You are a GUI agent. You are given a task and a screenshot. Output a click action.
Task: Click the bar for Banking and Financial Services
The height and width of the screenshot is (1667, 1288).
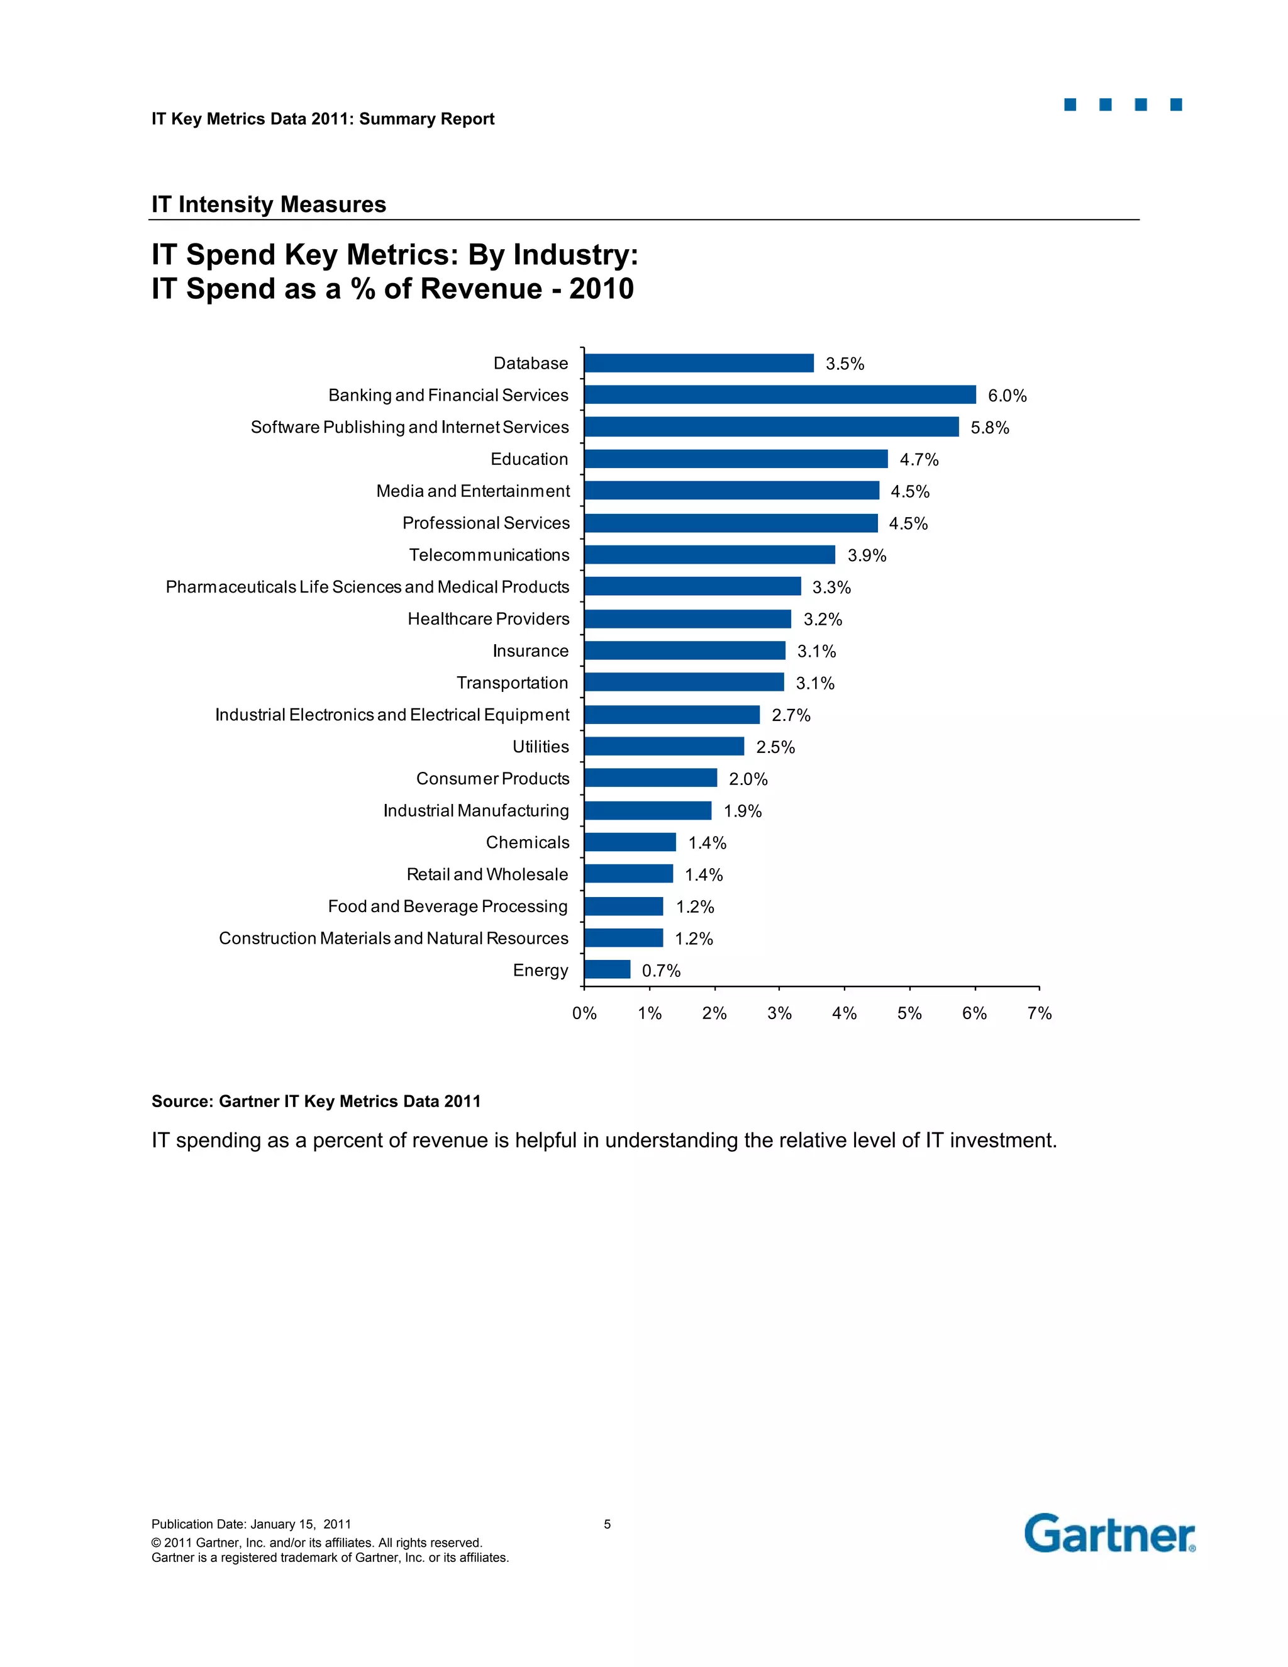pyautogui.click(x=780, y=394)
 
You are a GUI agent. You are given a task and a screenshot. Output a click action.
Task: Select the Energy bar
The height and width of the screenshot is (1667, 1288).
pyautogui.click(x=608, y=969)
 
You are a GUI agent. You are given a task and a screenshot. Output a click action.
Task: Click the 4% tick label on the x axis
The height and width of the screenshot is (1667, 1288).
pyautogui.click(x=844, y=1013)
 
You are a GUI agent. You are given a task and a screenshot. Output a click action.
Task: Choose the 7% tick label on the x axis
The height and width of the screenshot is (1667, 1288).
pyautogui.click(x=1039, y=1013)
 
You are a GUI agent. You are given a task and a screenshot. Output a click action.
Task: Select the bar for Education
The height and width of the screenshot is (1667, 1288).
pyautogui.click(x=736, y=459)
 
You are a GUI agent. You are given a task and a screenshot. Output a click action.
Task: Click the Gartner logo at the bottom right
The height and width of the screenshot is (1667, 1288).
pyautogui.click(x=1109, y=1534)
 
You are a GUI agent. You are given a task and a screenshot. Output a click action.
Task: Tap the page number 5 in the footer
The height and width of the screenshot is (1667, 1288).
pyautogui.click(x=608, y=1524)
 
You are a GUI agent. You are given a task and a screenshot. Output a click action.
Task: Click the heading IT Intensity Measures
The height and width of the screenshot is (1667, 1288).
pyautogui.click(x=269, y=204)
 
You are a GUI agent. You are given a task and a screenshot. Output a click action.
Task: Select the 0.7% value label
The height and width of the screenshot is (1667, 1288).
pyautogui.click(x=661, y=971)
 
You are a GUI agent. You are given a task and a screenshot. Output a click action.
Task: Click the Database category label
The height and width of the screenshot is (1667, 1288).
pyautogui.click(x=530, y=364)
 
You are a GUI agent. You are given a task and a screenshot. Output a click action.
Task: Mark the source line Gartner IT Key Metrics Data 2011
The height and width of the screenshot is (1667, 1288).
pyautogui.click(x=316, y=1101)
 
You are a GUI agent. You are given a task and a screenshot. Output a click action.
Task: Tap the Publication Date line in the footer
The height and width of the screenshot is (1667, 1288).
pyautogui.click(x=251, y=1524)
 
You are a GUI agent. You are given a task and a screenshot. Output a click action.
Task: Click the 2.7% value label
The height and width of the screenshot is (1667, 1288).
pyautogui.click(x=791, y=715)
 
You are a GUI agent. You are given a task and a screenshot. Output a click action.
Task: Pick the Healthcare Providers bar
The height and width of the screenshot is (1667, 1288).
pyautogui.click(x=687, y=619)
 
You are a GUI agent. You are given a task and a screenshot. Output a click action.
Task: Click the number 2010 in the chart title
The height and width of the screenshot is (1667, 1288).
pyautogui.click(x=601, y=289)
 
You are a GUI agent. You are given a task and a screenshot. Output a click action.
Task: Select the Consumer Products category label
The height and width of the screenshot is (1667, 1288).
pyautogui.click(x=492, y=779)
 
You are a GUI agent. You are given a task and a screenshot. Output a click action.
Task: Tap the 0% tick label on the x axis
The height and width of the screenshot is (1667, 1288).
pyautogui.click(x=584, y=1013)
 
